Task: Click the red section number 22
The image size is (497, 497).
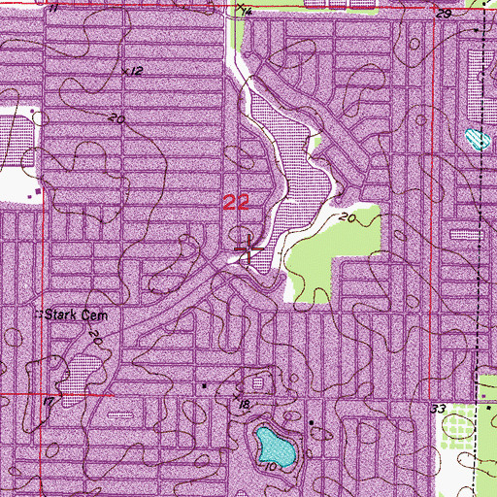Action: point(236,202)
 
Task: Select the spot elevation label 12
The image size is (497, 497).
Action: point(136,72)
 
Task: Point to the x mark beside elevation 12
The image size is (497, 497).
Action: point(125,70)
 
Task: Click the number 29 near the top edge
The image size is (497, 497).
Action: point(444,15)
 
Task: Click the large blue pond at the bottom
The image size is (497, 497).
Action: point(274,447)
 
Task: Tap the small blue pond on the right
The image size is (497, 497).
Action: point(474,138)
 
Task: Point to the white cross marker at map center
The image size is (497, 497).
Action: point(248,251)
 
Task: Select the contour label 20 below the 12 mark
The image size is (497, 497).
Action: point(118,118)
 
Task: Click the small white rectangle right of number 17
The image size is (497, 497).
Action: point(120,412)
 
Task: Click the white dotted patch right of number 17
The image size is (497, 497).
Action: point(83,368)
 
